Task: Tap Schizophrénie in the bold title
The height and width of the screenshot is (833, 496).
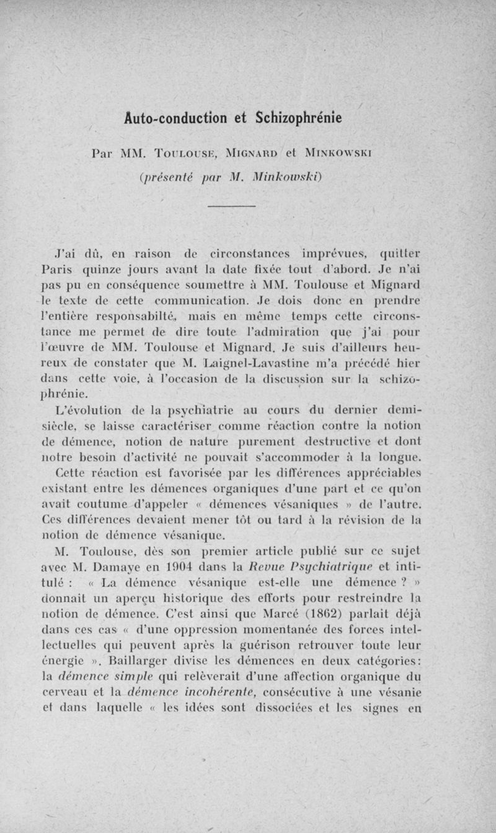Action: pyautogui.click(x=299, y=118)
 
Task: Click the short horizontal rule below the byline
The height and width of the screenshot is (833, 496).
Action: pyautogui.click(x=236, y=206)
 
